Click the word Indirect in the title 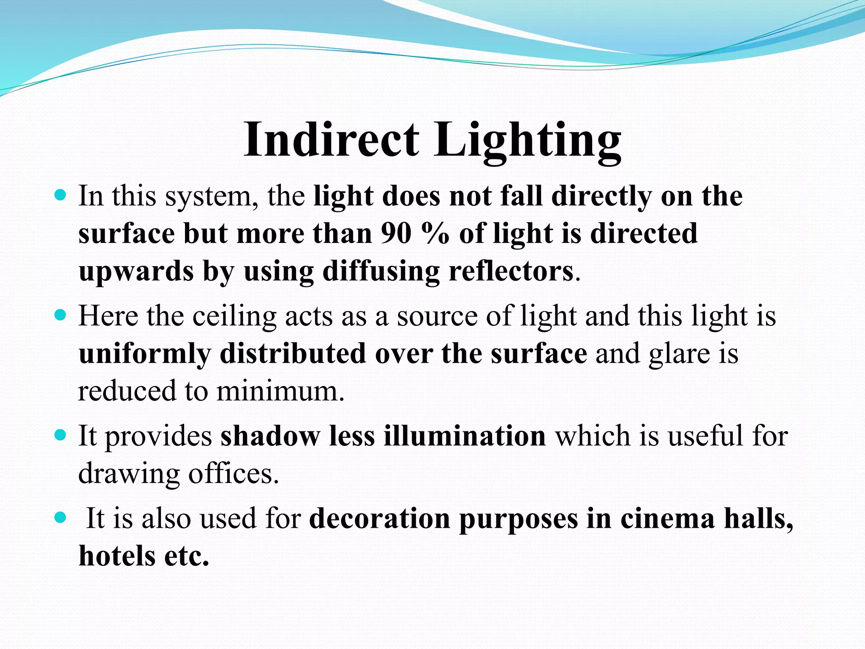point(332,140)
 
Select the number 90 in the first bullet point(396,233)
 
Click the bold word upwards point(136,272)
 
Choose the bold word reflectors point(511,271)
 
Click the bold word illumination point(465,436)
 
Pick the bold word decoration point(379,518)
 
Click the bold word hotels point(117,556)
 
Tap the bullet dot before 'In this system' point(61,196)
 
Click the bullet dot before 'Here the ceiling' point(61,315)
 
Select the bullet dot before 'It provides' point(61,435)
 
